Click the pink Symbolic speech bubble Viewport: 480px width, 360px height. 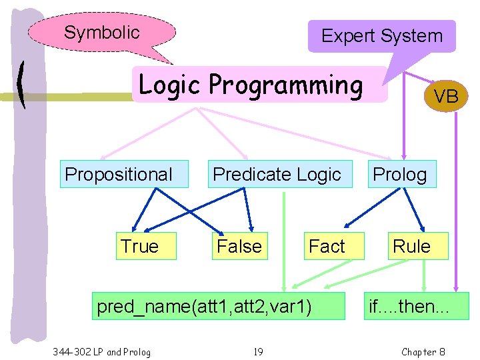(102, 33)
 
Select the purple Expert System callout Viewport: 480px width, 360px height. (381, 36)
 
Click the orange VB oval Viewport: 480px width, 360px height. (446, 97)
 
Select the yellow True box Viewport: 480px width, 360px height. (139, 246)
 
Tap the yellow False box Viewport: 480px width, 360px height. (239, 246)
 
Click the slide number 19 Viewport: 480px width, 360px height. (258, 351)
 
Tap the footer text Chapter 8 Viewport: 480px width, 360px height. (423, 351)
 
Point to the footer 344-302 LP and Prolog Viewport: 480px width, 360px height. (101, 351)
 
